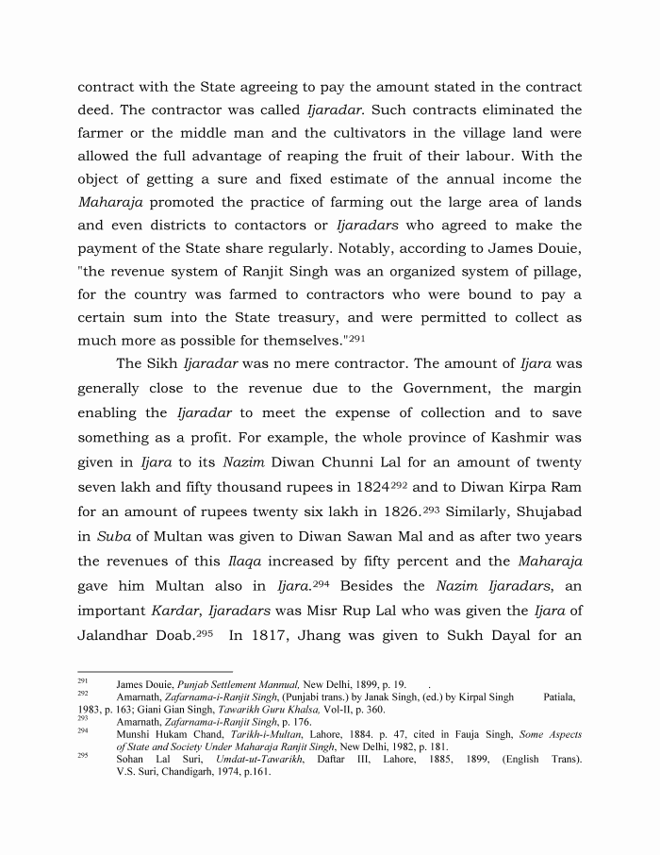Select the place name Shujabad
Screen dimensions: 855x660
coord(546,508)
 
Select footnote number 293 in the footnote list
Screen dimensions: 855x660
coord(82,718)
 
